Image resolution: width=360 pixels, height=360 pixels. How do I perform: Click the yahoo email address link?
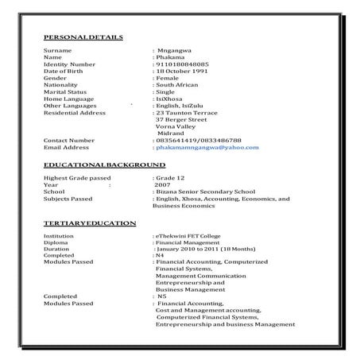(207, 147)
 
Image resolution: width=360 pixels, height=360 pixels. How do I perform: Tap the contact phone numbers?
(198, 140)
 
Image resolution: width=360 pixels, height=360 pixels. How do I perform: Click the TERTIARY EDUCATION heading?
(89, 223)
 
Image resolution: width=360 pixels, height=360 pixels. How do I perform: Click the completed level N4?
(160, 257)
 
